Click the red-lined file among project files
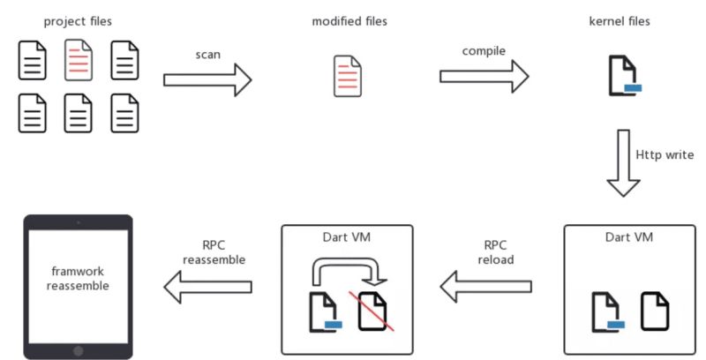tap(79, 60)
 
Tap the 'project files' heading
tap(78, 21)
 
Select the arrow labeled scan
tap(207, 80)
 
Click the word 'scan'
tap(208, 55)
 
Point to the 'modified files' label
tap(349, 21)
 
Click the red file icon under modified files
tap(348, 76)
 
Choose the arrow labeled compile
tap(484, 77)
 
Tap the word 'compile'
tap(484, 51)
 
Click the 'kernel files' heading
tap(620, 21)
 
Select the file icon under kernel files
tap(624, 76)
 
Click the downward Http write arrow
tap(624, 163)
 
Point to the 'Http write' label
tap(665, 154)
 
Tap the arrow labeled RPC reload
tap(485, 287)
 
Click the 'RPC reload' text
tap(495, 252)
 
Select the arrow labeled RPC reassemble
tap(207, 287)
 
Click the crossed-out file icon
tap(372, 311)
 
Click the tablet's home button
tap(79, 350)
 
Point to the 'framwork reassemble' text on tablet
tap(78, 279)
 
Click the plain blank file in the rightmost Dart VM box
tap(655, 311)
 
